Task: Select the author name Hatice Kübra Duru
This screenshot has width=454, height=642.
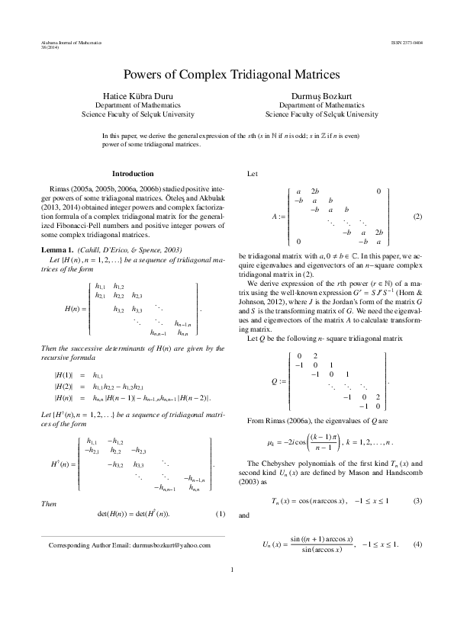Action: (x=138, y=97)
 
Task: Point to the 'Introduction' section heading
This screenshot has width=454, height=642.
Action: (x=133, y=174)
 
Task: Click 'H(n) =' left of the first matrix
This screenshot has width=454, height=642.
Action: (x=74, y=309)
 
